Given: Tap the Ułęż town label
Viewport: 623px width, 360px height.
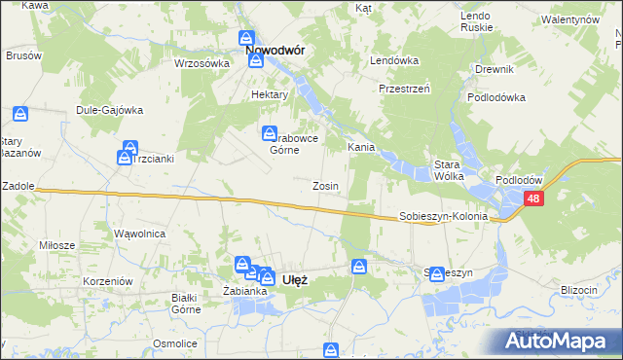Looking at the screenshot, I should [294, 279].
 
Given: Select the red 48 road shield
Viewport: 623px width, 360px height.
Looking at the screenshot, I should [533, 198].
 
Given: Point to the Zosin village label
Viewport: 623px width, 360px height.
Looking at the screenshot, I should [325, 186].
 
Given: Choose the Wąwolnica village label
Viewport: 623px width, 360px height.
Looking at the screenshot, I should [140, 234].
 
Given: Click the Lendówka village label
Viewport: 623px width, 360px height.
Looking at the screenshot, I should [393, 60].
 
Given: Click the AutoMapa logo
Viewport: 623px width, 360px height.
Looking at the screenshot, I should [558, 342].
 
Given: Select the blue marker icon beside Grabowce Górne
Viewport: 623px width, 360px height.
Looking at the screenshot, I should [268, 133].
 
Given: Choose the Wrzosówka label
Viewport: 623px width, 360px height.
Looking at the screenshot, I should [201, 63].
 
